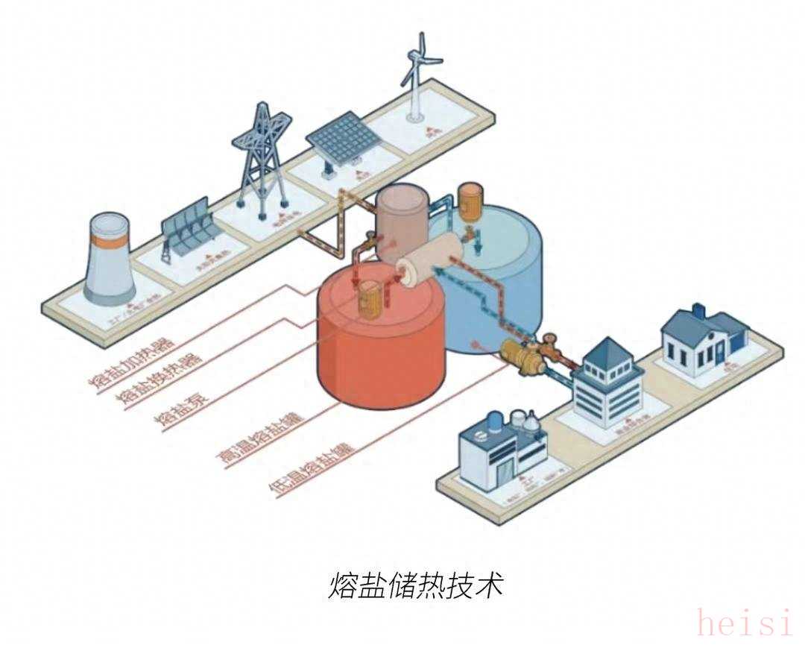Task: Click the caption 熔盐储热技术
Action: [x=416, y=585]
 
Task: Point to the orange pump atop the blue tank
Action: [x=470, y=201]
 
